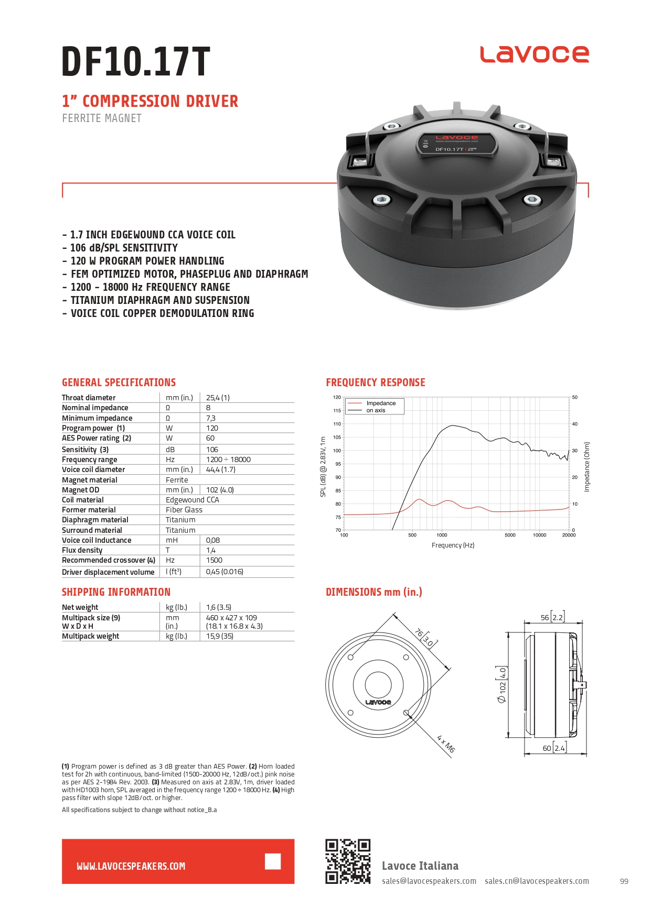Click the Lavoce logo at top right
click(534, 54)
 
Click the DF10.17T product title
click(136, 62)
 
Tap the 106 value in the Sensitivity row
click(212, 450)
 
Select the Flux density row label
click(82, 550)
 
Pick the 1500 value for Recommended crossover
click(214, 560)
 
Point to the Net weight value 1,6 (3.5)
click(218, 607)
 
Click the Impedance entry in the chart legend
click(381, 403)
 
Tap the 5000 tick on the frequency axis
click(510, 535)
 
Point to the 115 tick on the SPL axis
click(337, 411)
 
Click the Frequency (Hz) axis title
click(453, 545)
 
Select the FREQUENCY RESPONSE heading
click(376, 382)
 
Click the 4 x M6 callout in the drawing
click(445, 744)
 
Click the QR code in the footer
click(348, 861)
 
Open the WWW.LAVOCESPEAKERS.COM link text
click(131, 867)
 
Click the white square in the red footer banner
click(273, 861)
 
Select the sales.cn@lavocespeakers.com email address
click(537, 881)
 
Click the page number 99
click(624, 881)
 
